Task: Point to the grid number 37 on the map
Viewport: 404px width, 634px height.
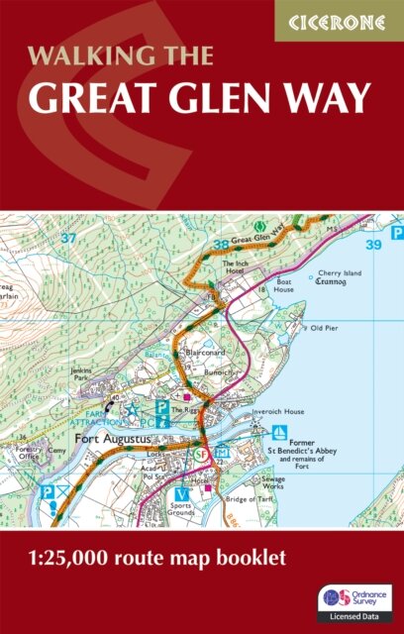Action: click(x=67, y=238)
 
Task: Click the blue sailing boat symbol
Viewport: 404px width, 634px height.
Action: click(x=279, y=431)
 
